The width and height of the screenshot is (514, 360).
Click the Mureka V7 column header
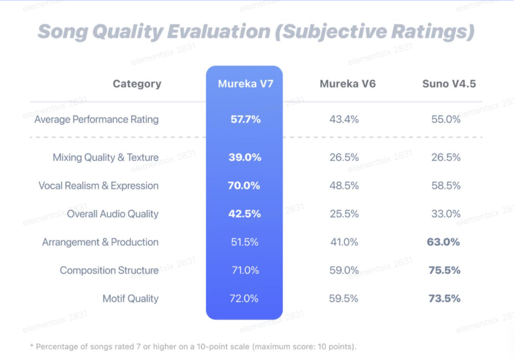[x=246, y=84]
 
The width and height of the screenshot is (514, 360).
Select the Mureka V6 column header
[x=347, y=84]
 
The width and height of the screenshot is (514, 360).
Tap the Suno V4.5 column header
[x=449, y=84]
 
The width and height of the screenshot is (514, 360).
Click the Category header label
[x=137, y=84]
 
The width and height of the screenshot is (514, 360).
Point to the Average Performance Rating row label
[x=96, y=119]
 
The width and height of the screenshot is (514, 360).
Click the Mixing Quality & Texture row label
[x=106, y=157]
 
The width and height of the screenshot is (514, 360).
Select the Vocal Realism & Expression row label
[x=99, y=186]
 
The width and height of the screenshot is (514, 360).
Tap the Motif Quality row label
[x=130, y=299]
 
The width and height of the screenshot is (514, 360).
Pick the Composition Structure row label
[x=109, y=270]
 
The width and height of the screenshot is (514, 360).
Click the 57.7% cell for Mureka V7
[x=246, y=119]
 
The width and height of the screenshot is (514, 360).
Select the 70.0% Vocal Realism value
[x=244, y=186]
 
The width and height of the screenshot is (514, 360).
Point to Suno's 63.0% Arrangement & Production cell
[x=444, y=242]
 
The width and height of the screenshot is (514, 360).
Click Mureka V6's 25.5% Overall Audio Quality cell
[x=344, y=214]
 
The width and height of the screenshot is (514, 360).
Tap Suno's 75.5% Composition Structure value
[x=444, y=270]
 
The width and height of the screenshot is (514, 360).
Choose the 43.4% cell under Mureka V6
[x=344, y=119]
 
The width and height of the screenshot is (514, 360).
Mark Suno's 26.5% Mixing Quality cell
[x=446, y=157]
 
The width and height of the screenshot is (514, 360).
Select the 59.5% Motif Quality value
[x=344, y=299]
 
